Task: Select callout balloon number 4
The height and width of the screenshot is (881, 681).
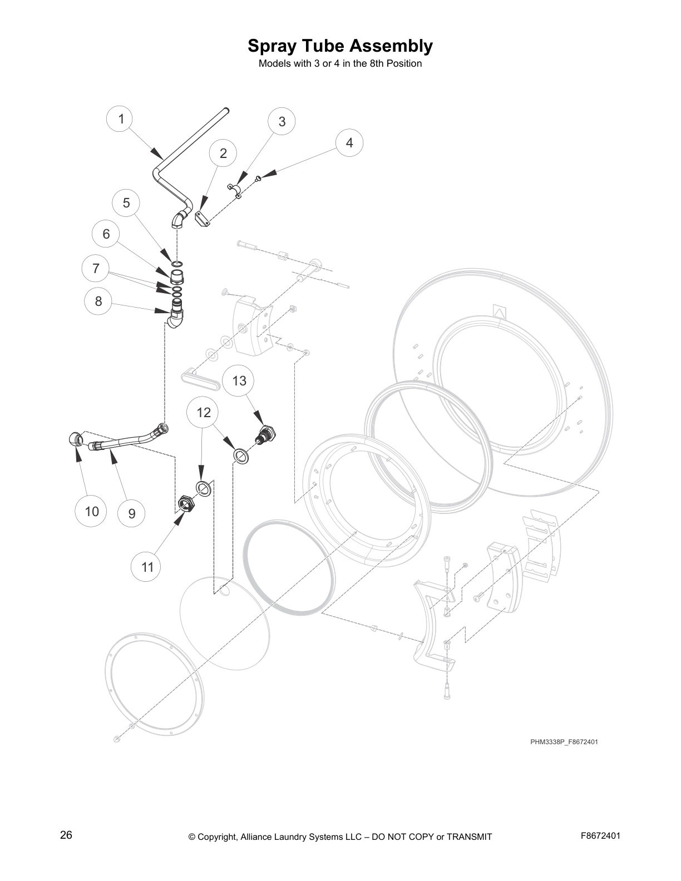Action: (349, 142)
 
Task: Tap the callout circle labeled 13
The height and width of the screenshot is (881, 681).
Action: (239, 380)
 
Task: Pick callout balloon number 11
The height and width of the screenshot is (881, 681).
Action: (147, 567)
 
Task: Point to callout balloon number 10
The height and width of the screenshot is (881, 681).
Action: (92, 511)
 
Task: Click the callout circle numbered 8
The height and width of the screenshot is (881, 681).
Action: (98, 301)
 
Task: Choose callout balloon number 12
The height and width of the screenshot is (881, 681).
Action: (204, 412)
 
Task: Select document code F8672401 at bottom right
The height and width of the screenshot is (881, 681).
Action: (600, 835)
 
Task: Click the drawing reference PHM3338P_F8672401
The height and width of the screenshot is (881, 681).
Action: (564, 741)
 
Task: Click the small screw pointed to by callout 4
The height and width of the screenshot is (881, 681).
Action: (259, 178)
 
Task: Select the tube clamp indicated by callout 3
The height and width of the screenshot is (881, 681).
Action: (235, 190)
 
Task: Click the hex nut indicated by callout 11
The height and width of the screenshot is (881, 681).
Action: (185, 504)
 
